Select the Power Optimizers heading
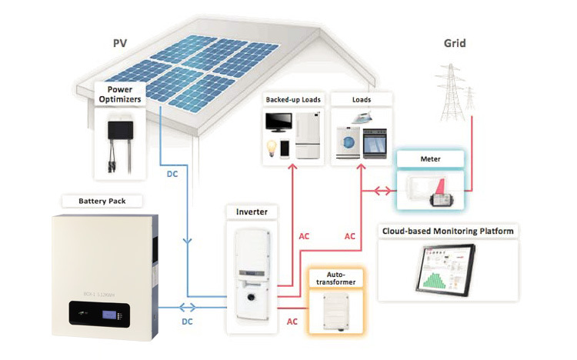pyautogui.click(x=121, y=93)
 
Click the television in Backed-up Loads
pyautogui.click(x=278, y=124)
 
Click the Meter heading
pyautogui.click(x=430, y=159)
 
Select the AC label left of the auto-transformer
pyautogui.click(x=292, y=322)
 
